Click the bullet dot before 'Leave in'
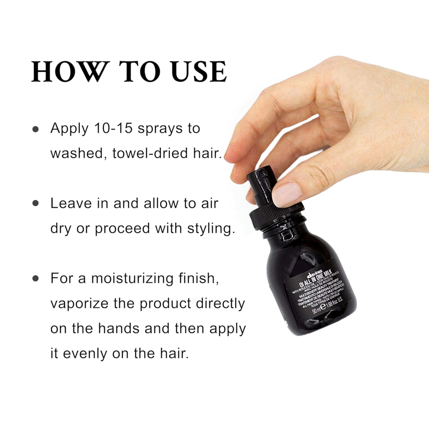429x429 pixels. point(36,204)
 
